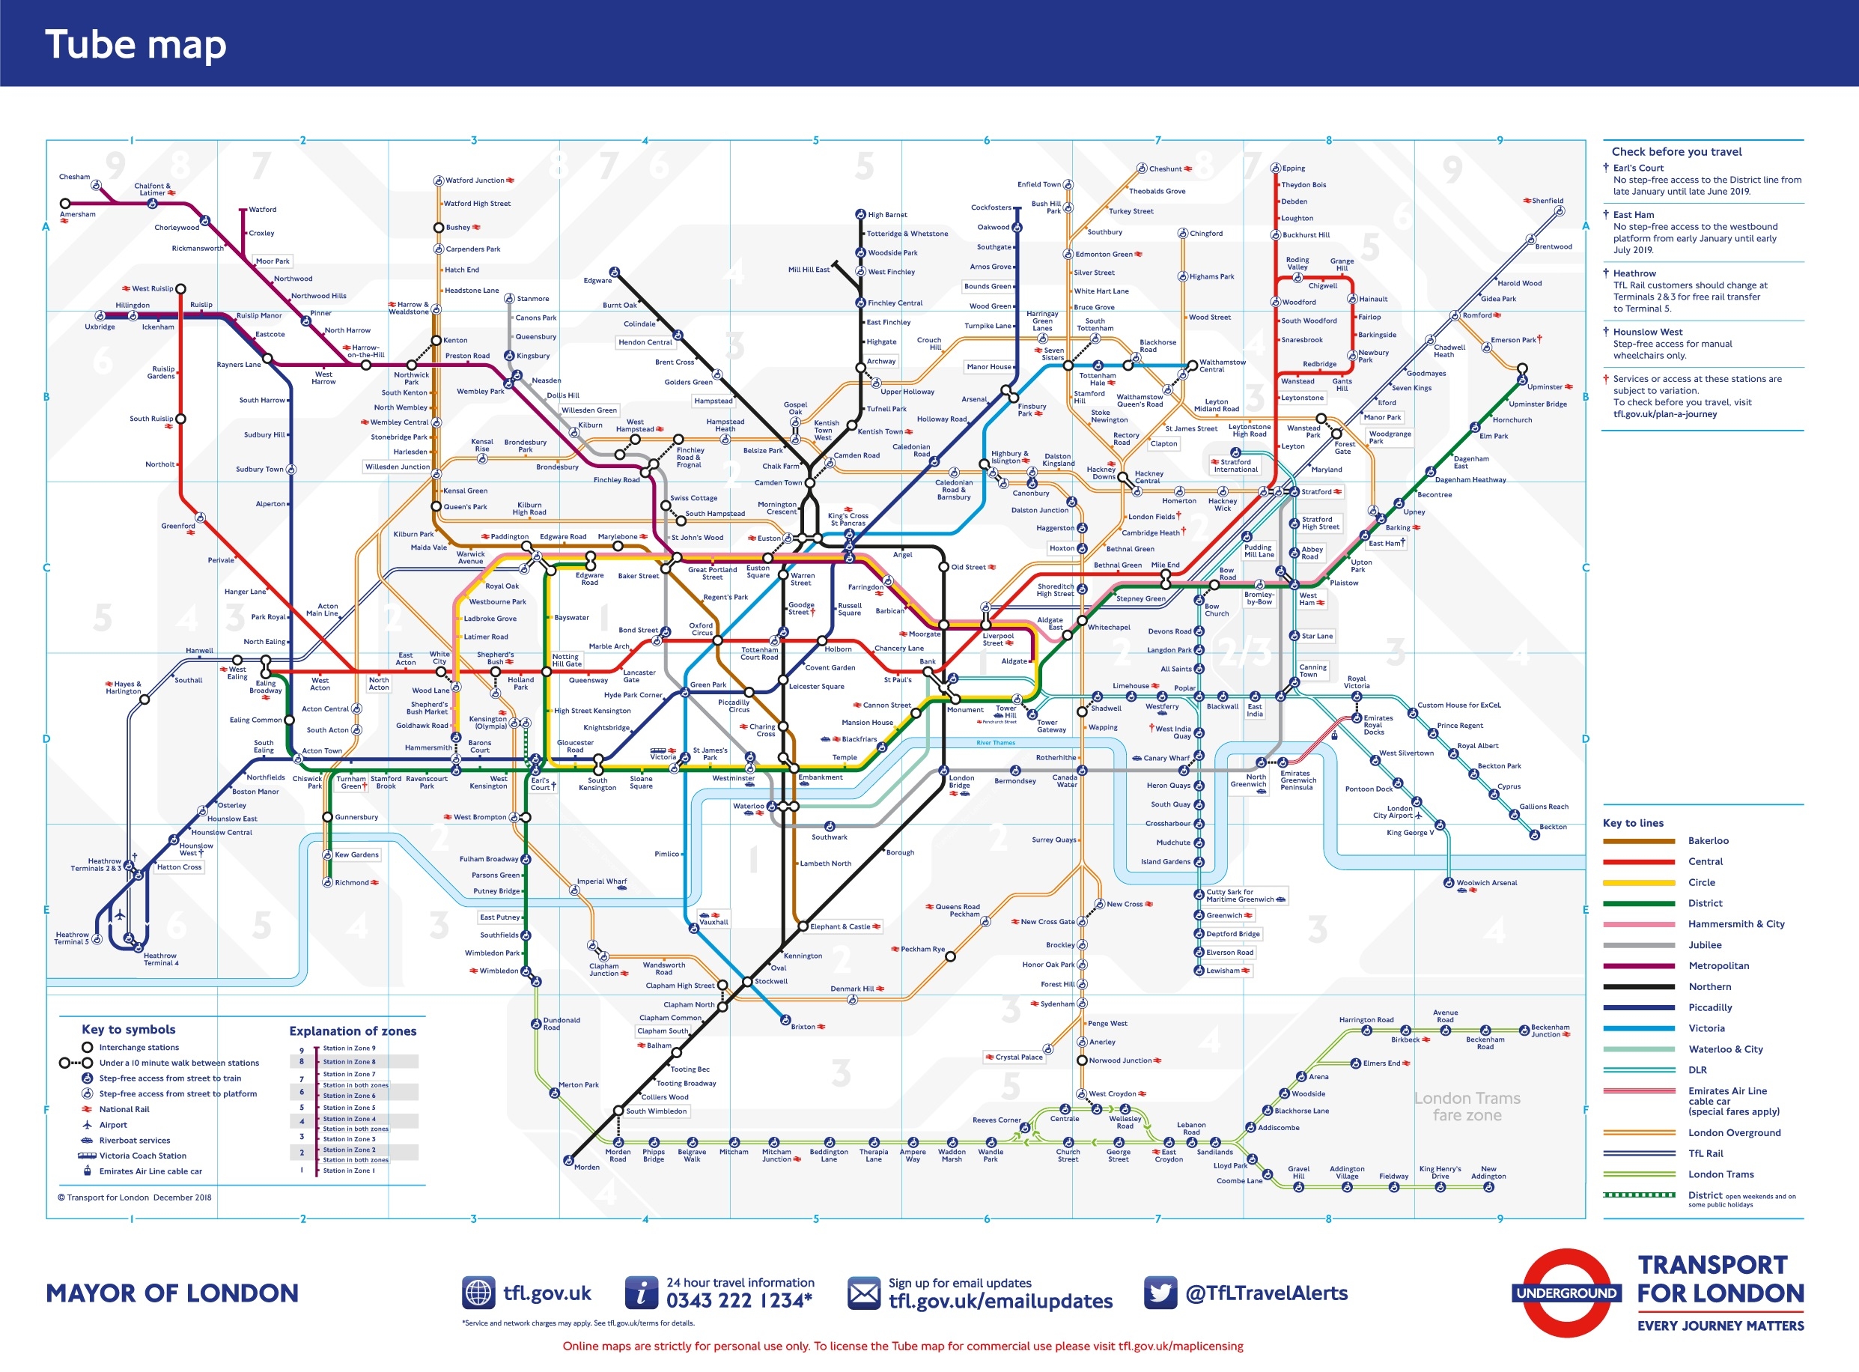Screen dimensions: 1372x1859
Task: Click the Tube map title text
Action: coord(136,45)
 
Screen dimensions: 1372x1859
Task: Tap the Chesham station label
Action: coord(75,177)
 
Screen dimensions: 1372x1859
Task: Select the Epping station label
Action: coord(1293,169)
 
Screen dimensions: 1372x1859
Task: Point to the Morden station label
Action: coord(586,1168)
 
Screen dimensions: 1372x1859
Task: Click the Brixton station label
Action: coord(803,1028)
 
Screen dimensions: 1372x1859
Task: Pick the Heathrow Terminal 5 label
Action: coord(71,938)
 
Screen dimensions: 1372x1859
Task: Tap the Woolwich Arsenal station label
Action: coord(1486,883)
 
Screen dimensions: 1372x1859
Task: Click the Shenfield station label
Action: coord(1548,201)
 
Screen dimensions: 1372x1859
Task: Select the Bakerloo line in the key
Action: coord(1708,841)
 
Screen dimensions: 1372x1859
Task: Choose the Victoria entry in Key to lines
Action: coord(1706,1028)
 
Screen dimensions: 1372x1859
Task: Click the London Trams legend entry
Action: coord(1720,1174)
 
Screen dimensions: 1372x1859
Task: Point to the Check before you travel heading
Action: coord(1676,152)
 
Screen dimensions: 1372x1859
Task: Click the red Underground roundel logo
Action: coord(1566,1293)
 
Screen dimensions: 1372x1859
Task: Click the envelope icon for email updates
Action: coord(863,1293)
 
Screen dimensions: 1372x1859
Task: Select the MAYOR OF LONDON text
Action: coord(172,1293)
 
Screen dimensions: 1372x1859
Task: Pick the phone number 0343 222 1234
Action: coord(739,1302)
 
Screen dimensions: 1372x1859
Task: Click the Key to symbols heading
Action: coord(129,1029)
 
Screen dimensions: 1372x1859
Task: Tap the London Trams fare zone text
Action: coord(1467,1107)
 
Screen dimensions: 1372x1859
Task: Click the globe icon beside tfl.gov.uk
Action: coord(478,1293)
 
